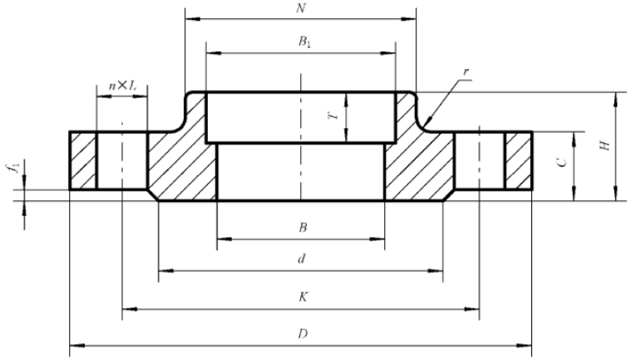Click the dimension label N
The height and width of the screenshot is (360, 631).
tap(299, 7)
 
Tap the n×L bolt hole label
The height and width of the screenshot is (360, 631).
tap(122, 86)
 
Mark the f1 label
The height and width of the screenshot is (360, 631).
tap(12, 172)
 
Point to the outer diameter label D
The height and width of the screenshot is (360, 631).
tap(301, 333)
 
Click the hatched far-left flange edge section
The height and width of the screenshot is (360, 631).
tap(82, 160)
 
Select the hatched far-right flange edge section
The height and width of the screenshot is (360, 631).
tap(518, 160)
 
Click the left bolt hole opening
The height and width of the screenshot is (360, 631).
tap(122, 160)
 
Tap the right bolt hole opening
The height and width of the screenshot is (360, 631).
tap(479, 160)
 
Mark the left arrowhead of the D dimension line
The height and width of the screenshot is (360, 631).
tap(71, 343)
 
